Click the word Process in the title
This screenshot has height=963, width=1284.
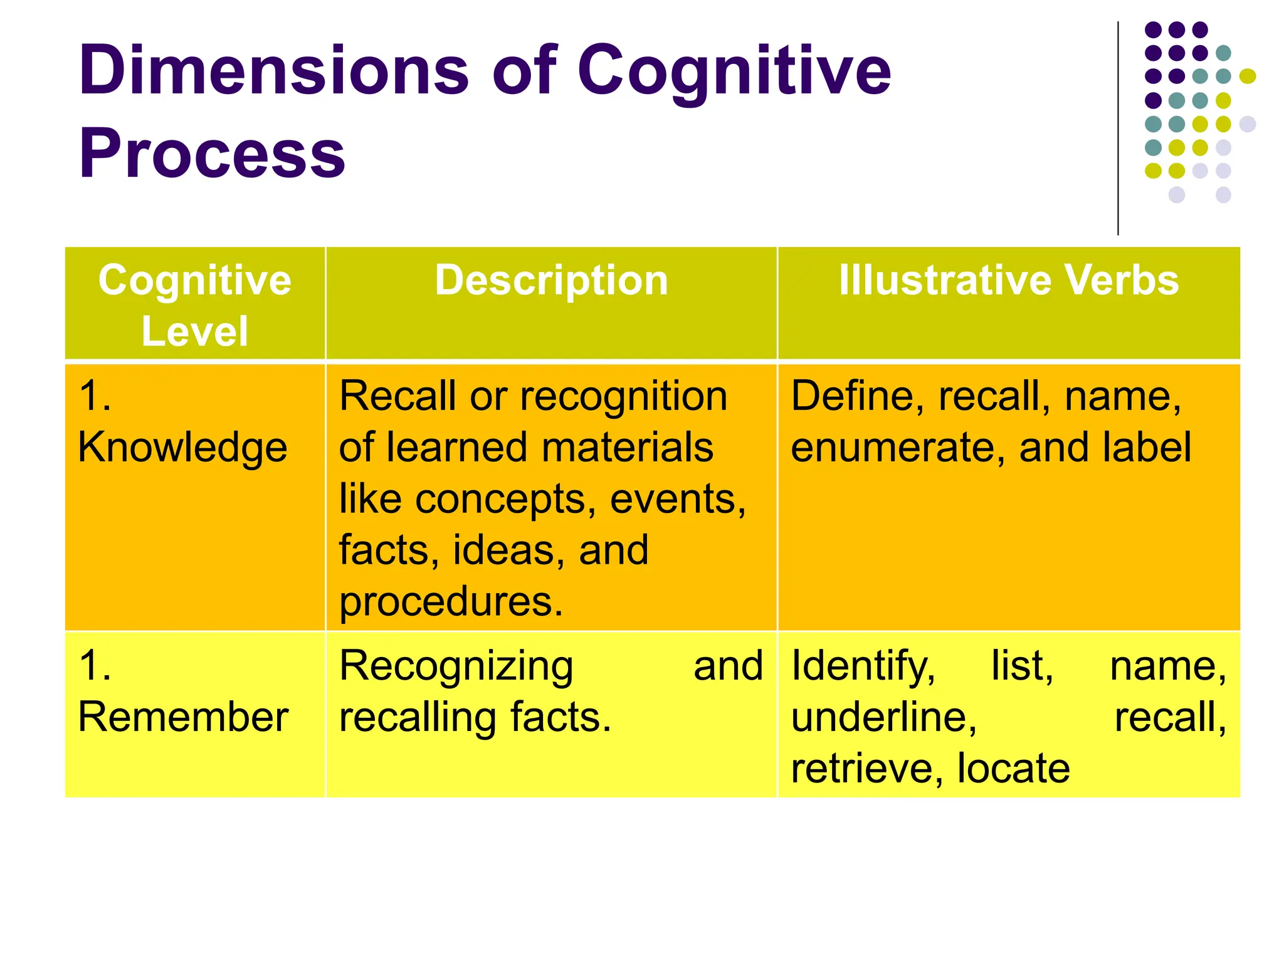212,154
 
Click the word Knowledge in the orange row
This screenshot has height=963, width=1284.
182,448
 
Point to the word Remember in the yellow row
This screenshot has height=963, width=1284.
183,717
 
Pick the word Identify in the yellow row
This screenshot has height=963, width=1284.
863,667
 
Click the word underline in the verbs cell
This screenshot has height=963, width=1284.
883,717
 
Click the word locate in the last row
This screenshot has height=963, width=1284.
1013,769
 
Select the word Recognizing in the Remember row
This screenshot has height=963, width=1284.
456,667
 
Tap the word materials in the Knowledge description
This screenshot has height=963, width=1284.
627,448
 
